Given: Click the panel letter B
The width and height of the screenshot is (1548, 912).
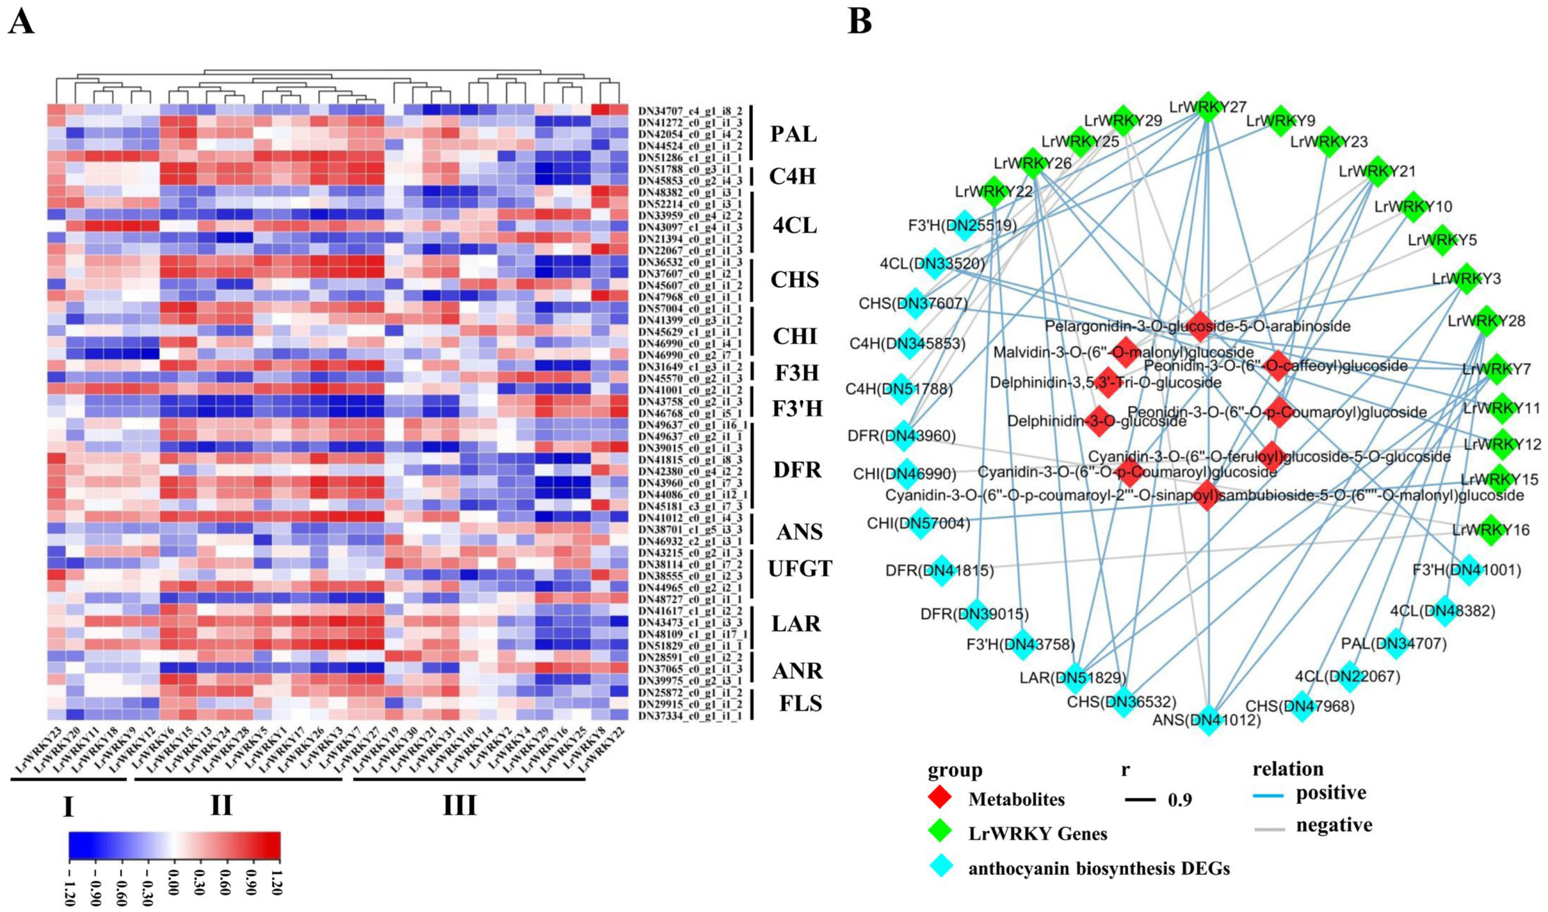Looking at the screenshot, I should [x=859, y=23].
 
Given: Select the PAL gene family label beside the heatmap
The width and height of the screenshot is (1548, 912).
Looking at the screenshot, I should [x=794, y=133].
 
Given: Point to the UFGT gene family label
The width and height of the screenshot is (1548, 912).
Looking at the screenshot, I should [x=800, y=569].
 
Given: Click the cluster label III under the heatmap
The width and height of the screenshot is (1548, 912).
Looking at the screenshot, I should [x=460, y=805].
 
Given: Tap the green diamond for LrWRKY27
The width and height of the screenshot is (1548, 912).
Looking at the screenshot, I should [x=1207, y=109].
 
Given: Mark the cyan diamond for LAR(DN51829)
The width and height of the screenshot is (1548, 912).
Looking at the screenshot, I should [x=1075, y=677].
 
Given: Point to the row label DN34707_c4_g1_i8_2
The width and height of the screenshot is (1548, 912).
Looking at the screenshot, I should [x=690, y=111].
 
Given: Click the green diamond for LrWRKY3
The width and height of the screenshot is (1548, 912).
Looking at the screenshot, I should [x=1466, y=279].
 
